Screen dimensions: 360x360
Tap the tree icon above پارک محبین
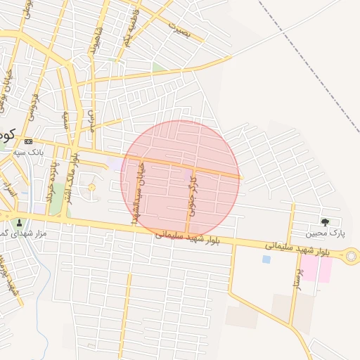(x=324, y=221)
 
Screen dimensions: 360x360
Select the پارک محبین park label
(x=326, y=233)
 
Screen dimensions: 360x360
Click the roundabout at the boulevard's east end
(x=350, y=257)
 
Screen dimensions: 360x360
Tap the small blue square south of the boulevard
(x=266, y=259)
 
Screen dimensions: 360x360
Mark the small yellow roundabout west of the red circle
(x=91, y=187)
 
